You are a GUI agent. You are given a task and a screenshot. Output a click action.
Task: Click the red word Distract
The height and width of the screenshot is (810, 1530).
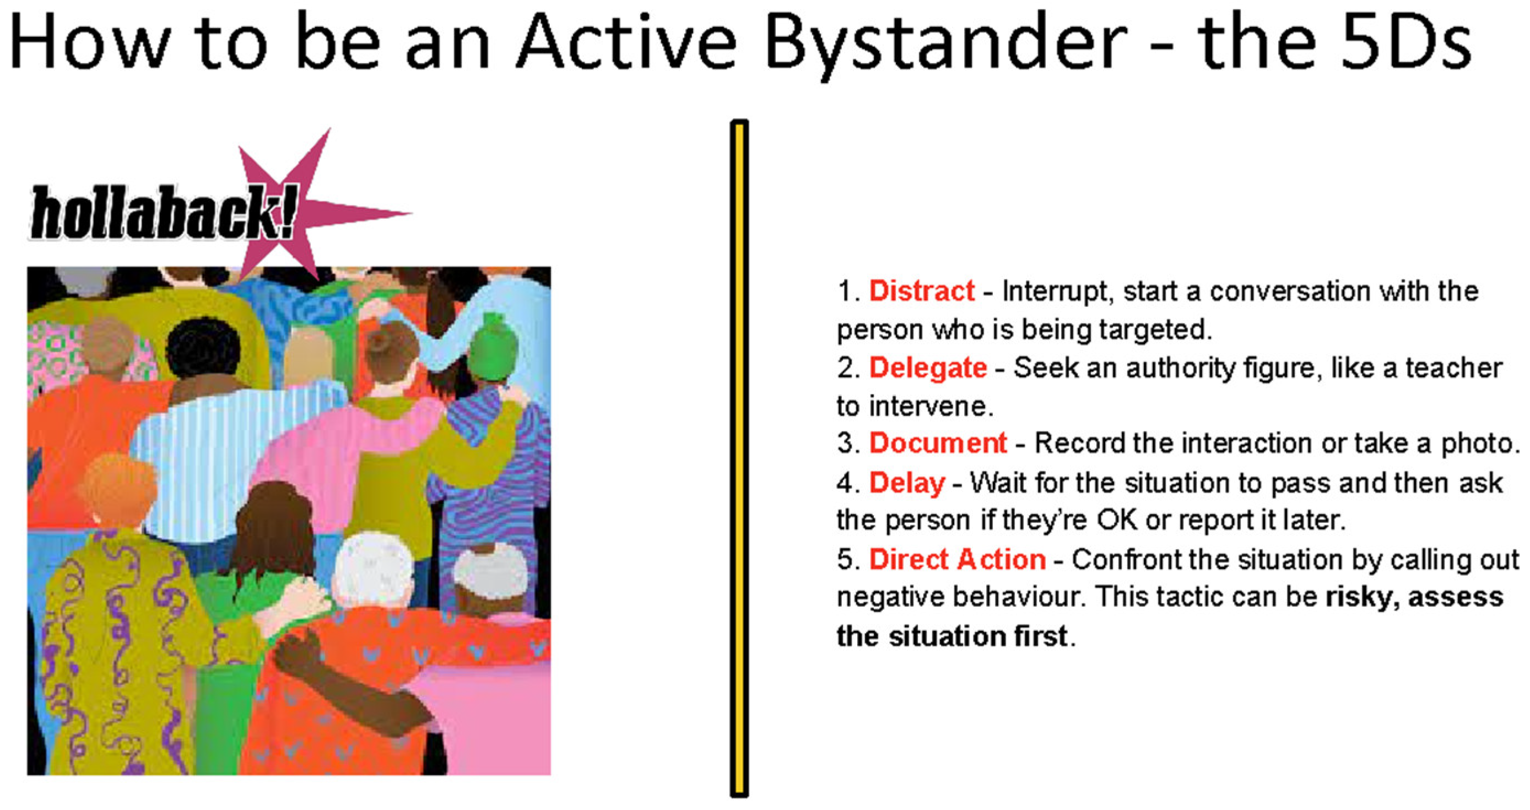[921, 291]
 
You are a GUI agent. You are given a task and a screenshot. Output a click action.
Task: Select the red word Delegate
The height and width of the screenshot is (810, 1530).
[928, 368]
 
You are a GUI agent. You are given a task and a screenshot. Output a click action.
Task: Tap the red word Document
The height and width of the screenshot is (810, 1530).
[938, 443]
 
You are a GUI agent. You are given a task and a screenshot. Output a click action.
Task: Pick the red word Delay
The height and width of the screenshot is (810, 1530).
[907, 483]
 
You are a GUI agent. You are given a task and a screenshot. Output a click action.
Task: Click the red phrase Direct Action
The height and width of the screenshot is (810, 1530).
[958, 559]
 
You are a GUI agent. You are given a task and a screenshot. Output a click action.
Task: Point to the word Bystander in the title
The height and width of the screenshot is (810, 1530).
[944, 45]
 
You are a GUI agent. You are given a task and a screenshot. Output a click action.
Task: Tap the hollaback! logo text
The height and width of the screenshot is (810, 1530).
[163, 213]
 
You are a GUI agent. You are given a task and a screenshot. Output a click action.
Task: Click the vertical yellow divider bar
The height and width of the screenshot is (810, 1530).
[739, 458]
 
